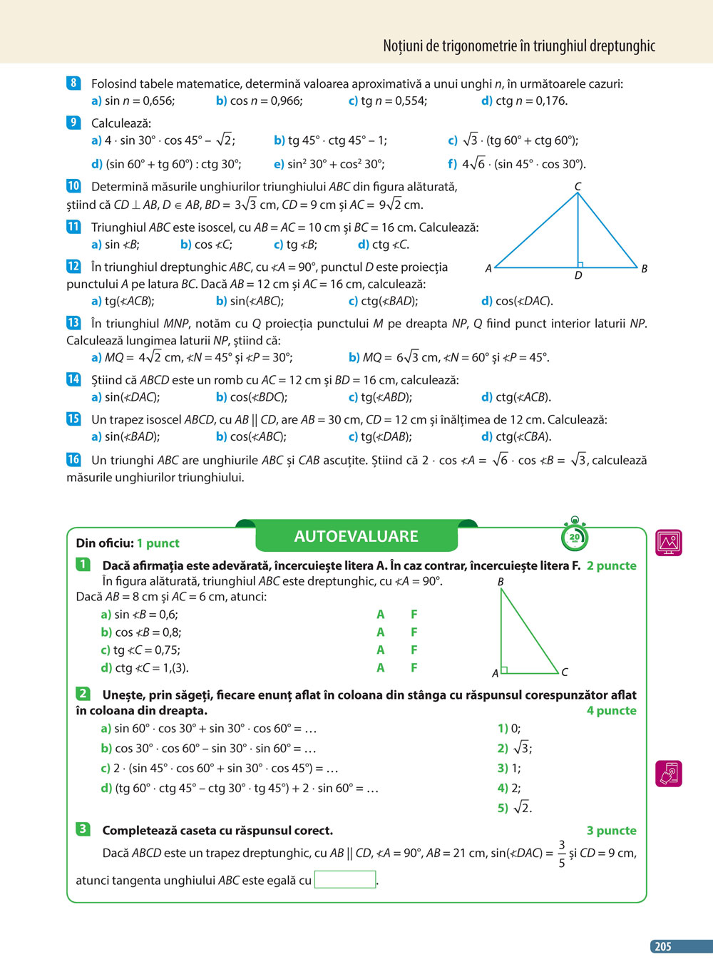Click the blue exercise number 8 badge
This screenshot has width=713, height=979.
(73, 83)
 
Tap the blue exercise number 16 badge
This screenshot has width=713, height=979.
(73, 459)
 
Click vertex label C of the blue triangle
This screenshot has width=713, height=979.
(578, 186)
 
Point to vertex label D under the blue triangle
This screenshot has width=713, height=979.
(578, 275)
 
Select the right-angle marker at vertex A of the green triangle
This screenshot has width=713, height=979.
(504, 670)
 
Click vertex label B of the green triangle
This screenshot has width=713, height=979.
(501, 582)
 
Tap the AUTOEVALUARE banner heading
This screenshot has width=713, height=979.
(356, 536)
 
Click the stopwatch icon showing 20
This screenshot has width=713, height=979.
(574, 535)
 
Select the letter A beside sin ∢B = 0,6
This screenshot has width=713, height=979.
(380, 614)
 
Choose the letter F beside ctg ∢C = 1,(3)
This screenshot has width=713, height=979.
(414, 667)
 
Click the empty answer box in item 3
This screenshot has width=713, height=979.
(345, 879)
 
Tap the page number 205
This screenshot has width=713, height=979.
(663, 946)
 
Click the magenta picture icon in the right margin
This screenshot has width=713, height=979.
(668, 543)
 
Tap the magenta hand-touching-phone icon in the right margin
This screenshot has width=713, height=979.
(668, 773)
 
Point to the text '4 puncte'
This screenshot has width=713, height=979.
(611, 710)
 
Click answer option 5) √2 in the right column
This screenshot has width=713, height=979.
(515, 807)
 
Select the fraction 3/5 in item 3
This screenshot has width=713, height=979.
(562, 854)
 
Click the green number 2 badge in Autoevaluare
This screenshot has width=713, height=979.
(83, 693)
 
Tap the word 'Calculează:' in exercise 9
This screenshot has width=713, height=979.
(121, 123)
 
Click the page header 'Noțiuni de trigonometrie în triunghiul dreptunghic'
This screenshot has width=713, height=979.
(518, 46)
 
